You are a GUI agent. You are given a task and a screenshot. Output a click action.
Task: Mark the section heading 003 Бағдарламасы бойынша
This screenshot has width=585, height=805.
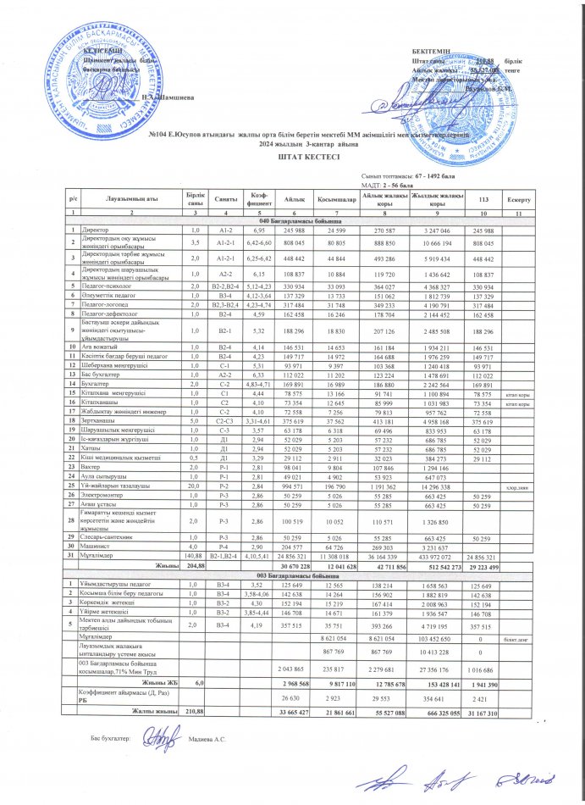[x=292, y=575]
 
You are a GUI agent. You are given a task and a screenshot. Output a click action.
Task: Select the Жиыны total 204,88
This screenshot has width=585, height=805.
[x=196, y=564]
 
